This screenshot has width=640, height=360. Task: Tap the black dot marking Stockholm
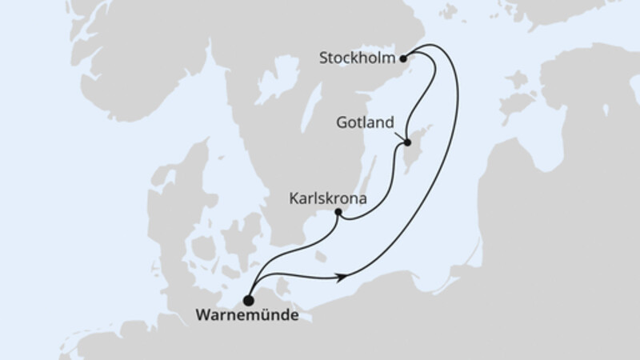[404, 58]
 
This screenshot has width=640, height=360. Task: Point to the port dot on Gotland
[406, 143]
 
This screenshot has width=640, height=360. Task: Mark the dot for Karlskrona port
[338, 213]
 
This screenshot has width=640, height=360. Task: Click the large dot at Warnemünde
[248, 301]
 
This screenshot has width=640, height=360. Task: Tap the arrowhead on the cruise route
[342, 278]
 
